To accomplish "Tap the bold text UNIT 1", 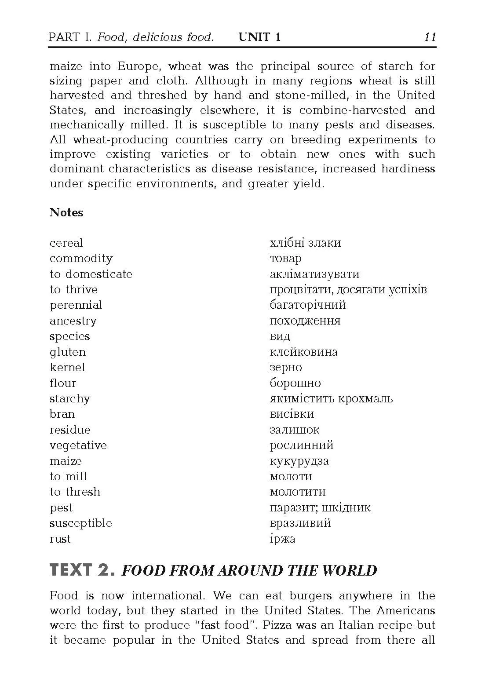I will tap(259, 37).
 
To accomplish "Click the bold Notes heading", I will tap(66, 212).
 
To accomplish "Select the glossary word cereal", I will tap(66, 243).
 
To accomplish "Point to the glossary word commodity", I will tap(81, 259).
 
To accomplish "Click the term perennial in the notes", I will tap(76, 305).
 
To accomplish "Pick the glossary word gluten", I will tap(68, 352).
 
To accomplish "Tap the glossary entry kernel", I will tap(67, 367).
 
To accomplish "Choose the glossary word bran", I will tap(62, 414).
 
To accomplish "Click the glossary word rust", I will tap(60, 539).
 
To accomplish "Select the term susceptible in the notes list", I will tap(81, 523).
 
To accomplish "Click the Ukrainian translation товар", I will tap(285, 259).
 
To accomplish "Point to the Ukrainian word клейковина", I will tap(303, 352).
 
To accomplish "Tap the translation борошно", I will tap(295, 383).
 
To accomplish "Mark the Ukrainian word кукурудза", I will tap(299, 461).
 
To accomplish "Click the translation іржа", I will tap(282, 539).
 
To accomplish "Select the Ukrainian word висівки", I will tap(292, 414).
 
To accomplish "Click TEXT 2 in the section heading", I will tap(82, 570).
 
